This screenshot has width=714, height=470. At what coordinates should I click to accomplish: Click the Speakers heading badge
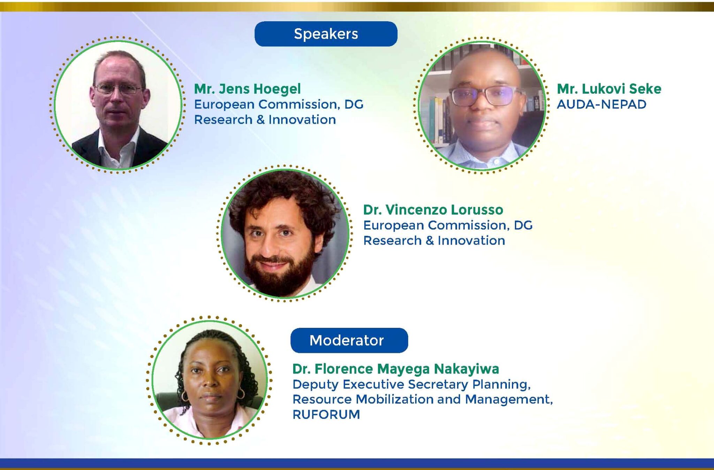coord(326,34)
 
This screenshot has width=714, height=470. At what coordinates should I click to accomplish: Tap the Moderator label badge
coord(349,340)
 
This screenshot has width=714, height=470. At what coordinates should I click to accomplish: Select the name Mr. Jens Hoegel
coord(247,89)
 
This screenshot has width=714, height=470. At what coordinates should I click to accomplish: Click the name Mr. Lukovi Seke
coord(609,89)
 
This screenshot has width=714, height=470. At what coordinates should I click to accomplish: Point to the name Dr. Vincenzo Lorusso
coord(433,210)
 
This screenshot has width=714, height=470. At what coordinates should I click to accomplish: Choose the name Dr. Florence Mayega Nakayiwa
coord(396,369)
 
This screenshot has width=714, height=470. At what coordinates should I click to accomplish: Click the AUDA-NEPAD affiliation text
coord(601,104)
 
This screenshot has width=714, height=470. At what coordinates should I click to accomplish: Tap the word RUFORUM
coord(326,415)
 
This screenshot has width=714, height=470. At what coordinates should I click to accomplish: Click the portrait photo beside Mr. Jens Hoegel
coord(118,105)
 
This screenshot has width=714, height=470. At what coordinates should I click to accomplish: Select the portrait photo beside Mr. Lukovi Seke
coord(482,105)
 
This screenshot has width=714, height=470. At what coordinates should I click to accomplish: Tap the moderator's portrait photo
coord(210,380)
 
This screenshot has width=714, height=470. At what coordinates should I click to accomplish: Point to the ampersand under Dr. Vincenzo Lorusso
coord(430,240)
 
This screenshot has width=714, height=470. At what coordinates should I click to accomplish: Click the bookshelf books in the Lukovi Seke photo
coord(436,118)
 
